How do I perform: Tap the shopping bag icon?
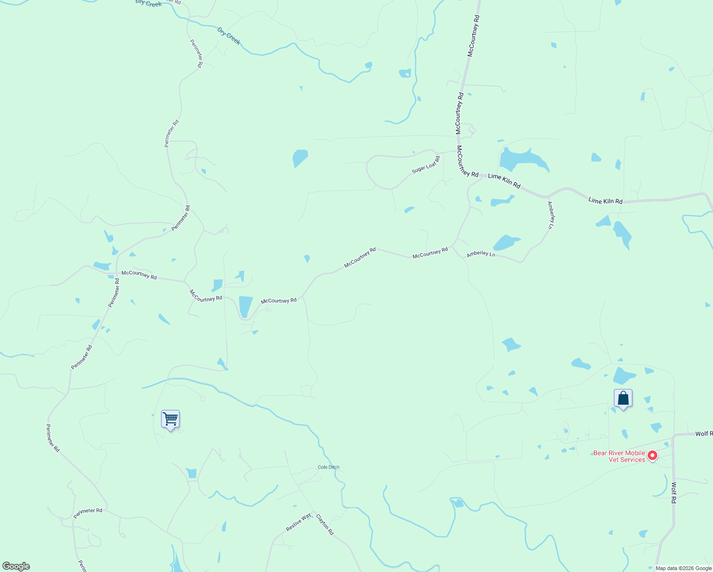click(623, 398)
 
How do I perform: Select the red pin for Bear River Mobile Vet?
click(652, 456)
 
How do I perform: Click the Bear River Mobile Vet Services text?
click(619, 456)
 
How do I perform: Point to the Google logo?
click(16, 566)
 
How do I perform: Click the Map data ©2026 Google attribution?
click(683, 568)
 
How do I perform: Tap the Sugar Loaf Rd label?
click(426, 164)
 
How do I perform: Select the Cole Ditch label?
click(328, 467)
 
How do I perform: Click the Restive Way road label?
click(298, 522)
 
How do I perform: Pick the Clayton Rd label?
click(325, 524)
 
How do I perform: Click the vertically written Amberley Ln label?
click(551, 215)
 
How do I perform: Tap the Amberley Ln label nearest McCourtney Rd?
click(480, 254)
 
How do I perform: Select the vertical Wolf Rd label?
click(673, 493)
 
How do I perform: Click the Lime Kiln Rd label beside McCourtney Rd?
click(504, 181)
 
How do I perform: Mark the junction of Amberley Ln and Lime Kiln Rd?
click(547, 196)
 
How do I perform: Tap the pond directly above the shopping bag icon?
click(624, 376)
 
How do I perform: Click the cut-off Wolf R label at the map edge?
click(703, 434)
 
